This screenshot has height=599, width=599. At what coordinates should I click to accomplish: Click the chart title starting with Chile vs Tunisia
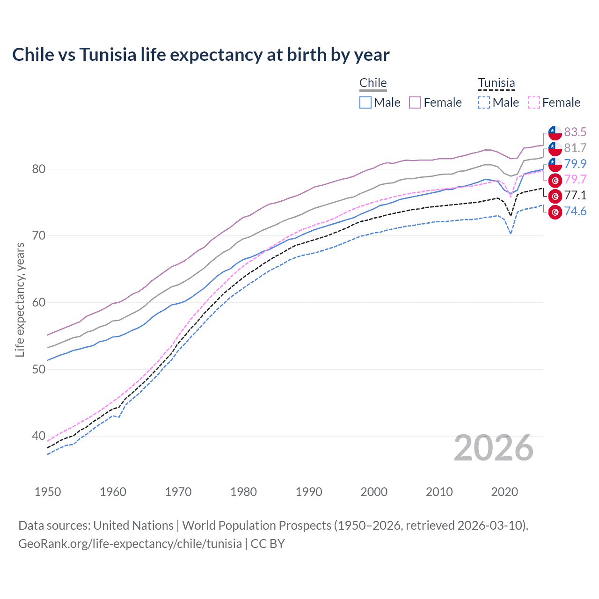(201, 55)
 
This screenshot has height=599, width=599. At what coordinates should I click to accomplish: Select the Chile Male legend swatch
(365, 102)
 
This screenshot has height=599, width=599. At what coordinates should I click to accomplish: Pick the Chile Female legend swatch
(416, 102)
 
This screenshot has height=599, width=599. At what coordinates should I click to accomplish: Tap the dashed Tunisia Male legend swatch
(484, 102)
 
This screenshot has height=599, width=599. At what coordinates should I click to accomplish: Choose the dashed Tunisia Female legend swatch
(534, 102)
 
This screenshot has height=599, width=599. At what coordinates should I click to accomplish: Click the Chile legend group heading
(373, 83)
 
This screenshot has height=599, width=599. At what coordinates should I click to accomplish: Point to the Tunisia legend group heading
(496, 83)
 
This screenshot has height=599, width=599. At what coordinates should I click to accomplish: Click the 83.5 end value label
(575, 132)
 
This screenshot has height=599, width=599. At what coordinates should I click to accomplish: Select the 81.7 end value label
(575, 148)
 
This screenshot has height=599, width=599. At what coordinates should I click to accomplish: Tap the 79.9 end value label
(575, 164)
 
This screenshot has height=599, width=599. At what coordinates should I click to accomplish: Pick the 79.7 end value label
(575, 180)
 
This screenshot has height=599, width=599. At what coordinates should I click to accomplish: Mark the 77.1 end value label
(575, 196)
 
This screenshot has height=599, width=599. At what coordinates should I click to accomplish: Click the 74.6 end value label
(575, 212)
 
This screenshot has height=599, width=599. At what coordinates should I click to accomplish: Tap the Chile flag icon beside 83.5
(555, 133)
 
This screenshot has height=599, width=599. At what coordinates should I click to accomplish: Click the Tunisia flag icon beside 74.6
(555, 212)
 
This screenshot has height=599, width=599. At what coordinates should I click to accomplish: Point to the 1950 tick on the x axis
(48, 492)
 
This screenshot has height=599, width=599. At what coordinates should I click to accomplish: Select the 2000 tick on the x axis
(374, 492)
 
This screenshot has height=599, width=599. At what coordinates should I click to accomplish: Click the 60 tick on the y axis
(39, 303)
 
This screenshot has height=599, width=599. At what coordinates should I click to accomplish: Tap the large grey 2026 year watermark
(494, 448)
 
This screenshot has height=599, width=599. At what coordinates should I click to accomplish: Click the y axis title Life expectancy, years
(20, 299)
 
